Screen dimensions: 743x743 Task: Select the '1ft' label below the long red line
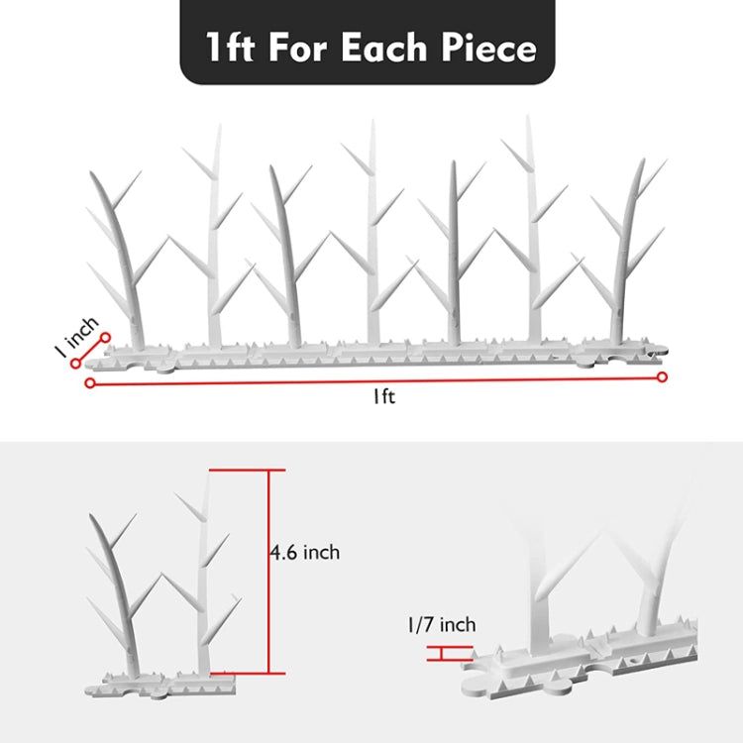[x=384, y=396]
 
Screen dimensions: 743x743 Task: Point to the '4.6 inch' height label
[x=304, y=552]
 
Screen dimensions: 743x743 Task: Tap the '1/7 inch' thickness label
[x=441, y=624]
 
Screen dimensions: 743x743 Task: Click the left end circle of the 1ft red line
[x=90, y=382]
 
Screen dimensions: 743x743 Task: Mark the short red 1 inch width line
[x=90, y=351]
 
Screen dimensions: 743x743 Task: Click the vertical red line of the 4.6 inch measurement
[x=268, y=570]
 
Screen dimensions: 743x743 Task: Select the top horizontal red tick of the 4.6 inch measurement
[x=247, y=470]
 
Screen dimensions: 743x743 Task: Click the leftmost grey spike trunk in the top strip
[x=129, y=267]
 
